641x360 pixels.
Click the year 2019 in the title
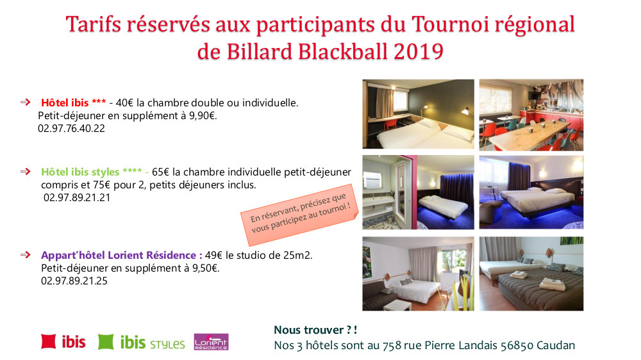pos(419,51)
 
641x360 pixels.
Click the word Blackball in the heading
pos(344,51)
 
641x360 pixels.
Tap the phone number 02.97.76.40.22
pos(71,128)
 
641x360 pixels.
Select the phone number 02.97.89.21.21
pos(76,197)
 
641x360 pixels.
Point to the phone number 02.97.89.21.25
pos(74,281)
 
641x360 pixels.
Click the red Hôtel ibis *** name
pos(73,102)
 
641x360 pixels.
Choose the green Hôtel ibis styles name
pos(89,172)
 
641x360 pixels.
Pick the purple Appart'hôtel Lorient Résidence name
pos(121,255)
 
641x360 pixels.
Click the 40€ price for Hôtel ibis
pos(124,102)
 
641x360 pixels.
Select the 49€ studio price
pos(214,255)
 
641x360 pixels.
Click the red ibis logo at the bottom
pos(63,341)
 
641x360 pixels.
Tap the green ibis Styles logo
pos(142,342)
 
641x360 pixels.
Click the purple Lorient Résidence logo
pos(211,342)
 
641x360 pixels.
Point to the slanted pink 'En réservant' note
pos(300,210)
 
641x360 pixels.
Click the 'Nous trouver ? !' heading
pos(315,330)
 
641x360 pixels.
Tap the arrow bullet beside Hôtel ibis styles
pos(26,172)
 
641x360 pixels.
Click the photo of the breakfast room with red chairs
pos(531,114)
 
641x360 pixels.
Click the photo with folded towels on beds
pos(531,274)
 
